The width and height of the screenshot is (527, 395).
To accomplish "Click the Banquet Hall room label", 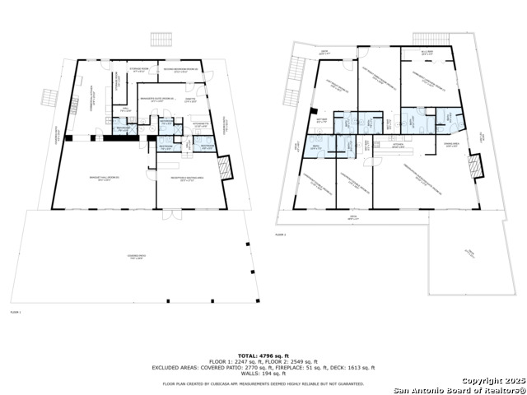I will (x=100, y=179).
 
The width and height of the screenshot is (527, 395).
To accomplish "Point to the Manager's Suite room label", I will (x=156, y=100).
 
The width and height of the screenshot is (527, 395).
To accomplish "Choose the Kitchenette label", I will (x=200, y=125).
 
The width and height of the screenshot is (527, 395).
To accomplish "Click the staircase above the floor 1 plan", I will (x=160, y=39).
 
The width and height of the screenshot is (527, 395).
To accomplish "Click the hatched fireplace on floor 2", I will (x=474, y=167).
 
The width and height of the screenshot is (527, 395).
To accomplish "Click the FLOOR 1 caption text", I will (x=15, y=313).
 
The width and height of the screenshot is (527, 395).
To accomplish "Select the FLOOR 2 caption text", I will (x=280, y=235).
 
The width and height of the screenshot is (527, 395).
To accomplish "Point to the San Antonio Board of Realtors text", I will (x=458, y=390).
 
